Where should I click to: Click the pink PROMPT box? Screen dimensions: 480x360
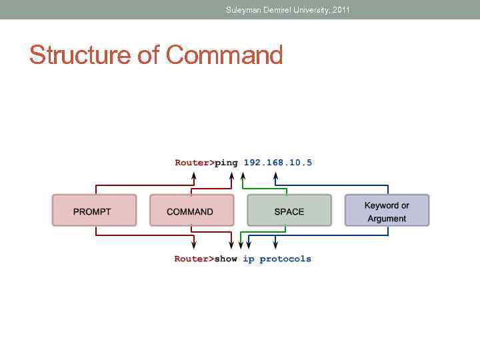[x=94, y=211]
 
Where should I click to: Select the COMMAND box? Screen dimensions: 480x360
[x=191, y=211]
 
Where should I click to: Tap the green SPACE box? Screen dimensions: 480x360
[x=289, y=211]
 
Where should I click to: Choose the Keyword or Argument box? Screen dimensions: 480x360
[x=387, y=211]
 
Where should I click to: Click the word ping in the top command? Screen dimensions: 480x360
[x=226, y=162]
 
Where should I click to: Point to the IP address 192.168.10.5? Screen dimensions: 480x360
[x=277, y=162]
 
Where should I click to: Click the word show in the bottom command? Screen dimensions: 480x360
[x=225, y=259]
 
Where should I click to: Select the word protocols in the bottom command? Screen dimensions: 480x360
[x=285, y=259]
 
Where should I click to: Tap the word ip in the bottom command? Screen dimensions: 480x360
[x=248, y=259]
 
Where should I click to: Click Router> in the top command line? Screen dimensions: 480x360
[x=194, y=162]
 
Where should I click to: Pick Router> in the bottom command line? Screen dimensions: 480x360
[x=194, y=259]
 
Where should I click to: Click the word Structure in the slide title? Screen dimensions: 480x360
[x=81, y=55]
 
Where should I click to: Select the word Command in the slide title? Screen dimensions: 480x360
[x=225, y=55]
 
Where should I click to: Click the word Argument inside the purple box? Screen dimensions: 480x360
[x=387, y=219]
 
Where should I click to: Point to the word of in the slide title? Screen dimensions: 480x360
[x=149, y=55]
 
